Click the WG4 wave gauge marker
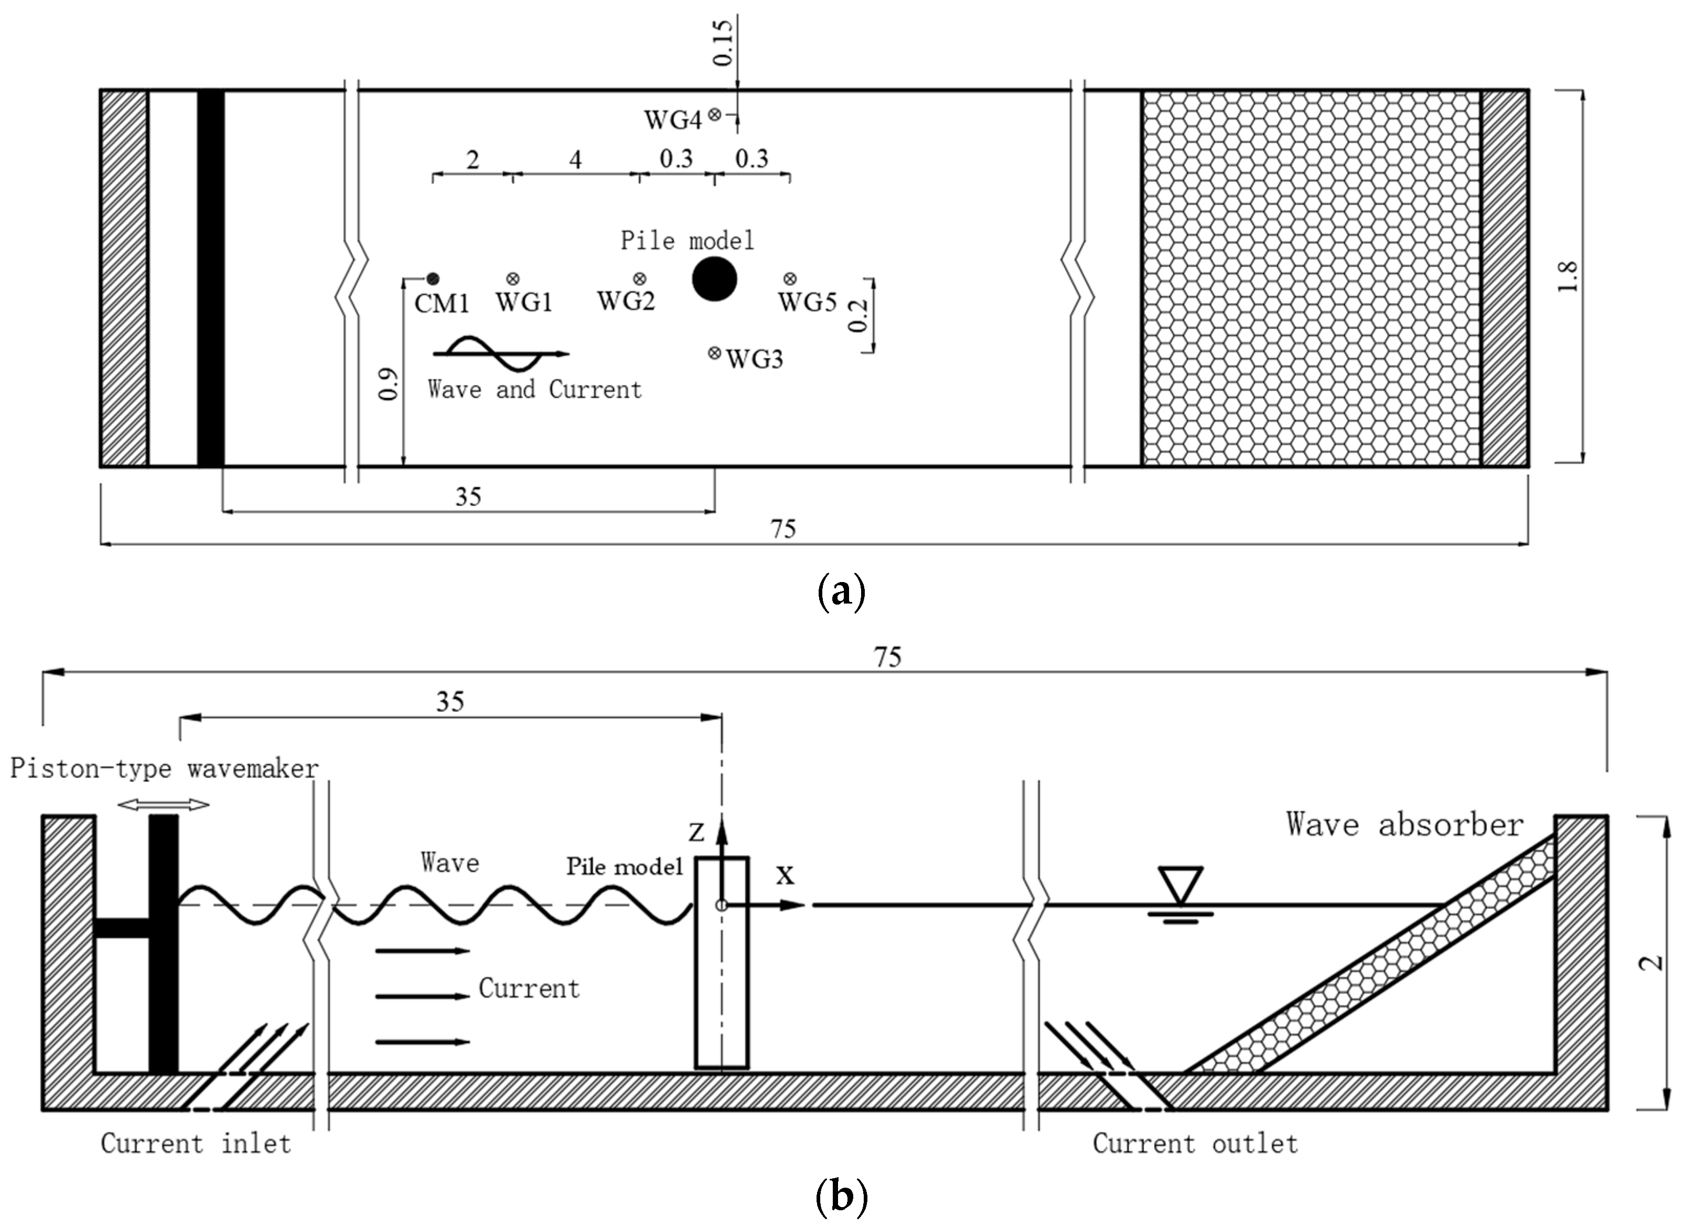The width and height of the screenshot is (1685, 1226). pyautogui.click(x=714, y=114)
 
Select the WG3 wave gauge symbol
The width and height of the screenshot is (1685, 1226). pyautogui.click(x=714, y=353)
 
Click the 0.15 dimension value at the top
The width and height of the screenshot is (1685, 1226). pyautogui.click(x=722, y=43)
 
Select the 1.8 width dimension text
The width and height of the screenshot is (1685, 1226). pyautogui.click(x=1567, y=277)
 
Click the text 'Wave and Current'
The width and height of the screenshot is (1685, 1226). pyautogui.click(x=534, y=389)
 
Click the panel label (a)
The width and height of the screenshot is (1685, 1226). pyautogui.click(x=841, y=592)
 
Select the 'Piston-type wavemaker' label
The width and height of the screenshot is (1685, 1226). pyautogui.click(x=164, y=768)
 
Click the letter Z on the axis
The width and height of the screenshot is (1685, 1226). pyautogui.click(x=696, y=833)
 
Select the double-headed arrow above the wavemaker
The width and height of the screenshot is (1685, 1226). pyautogui.click(x=164, y=804)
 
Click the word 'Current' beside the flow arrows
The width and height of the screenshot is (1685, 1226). pyautogui.click(x=529, y=988)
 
